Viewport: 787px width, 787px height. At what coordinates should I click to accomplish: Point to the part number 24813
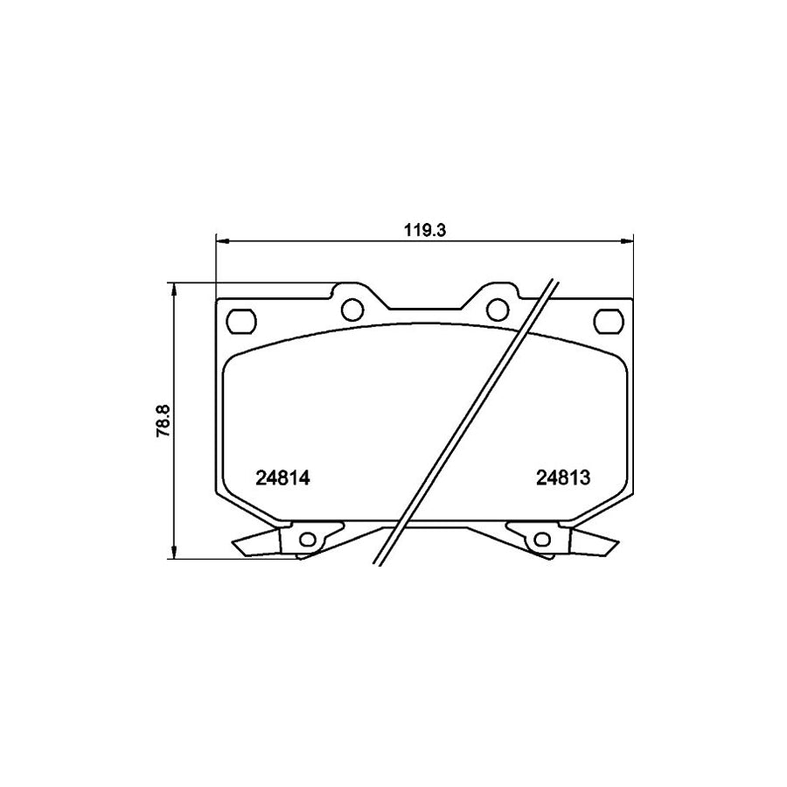[x=564, y=478]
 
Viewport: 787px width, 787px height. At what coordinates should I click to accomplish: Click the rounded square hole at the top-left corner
[x=240, y=321]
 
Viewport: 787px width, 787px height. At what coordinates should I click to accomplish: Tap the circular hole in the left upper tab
[x=352, y=309]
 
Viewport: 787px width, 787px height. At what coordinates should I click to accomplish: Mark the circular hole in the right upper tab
[x=497, y=309]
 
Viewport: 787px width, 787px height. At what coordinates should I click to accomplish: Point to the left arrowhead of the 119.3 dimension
[x=221, y=240]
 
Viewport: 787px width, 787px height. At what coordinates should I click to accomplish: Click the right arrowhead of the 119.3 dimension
[x=627, y=240]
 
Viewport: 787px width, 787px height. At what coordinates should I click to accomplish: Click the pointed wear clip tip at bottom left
[x=236, y=546]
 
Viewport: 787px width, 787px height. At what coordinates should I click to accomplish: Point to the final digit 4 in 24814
[x=307, y=478]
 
